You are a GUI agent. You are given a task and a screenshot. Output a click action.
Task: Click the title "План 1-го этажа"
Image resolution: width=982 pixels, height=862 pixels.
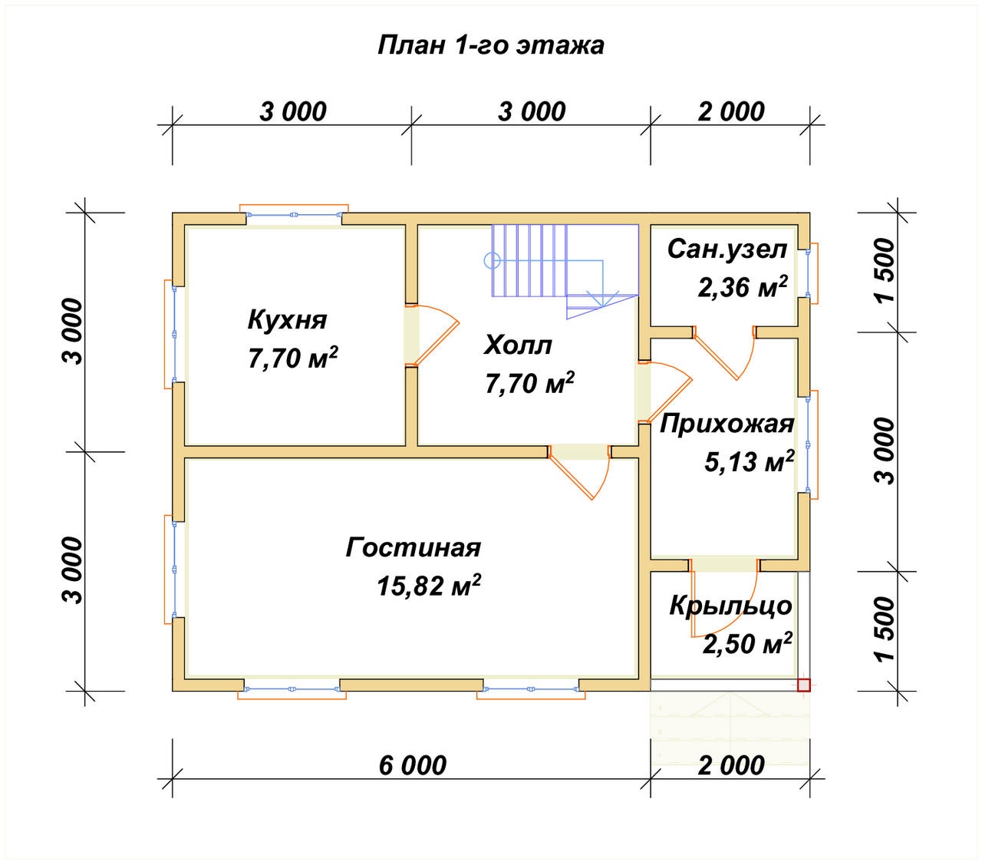pyautogui.click(x=491, y=45)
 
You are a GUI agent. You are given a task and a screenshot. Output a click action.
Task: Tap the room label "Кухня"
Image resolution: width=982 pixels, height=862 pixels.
pyautogui.click(x=287, y=319)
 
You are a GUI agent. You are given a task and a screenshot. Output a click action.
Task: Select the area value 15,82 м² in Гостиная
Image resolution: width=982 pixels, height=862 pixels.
pyautogui.click(x=429, y=586)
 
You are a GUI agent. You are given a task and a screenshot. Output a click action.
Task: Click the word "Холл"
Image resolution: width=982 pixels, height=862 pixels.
pyautogui.click(x=517, y=345)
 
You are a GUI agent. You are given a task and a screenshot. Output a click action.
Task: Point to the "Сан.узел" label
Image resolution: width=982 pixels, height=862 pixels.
pyautogui.click(x=727, y=249)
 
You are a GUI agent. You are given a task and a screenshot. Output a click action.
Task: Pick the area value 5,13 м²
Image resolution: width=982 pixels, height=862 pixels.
pyautogui.click(x=748, y=461)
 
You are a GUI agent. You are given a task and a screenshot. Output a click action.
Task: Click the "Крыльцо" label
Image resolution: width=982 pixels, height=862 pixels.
pyautogui.click(x=730, y=606)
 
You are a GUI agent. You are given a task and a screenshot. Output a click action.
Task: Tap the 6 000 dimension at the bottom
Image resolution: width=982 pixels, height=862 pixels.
pyautogui.click(x=412, y=765)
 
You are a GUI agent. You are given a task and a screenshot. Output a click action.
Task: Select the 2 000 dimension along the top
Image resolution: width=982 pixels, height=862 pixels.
pyautogui.click(x=730, y=111)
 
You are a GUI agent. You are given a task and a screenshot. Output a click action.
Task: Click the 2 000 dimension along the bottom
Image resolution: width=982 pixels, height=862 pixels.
pyautogui.click(x=730, y=765)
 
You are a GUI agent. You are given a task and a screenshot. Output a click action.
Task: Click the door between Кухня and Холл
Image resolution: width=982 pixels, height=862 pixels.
pyautogui.click(x=430, y=335)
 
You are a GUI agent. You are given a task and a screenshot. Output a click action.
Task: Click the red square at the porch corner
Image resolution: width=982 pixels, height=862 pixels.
pyautogui.click(x=803, y=685)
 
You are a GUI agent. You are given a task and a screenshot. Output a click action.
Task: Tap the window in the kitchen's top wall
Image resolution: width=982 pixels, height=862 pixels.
pyautogui.click(x=294, y=216)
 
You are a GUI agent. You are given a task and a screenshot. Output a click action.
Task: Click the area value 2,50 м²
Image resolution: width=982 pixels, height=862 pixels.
pyautogui.click(x=746, y=643)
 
